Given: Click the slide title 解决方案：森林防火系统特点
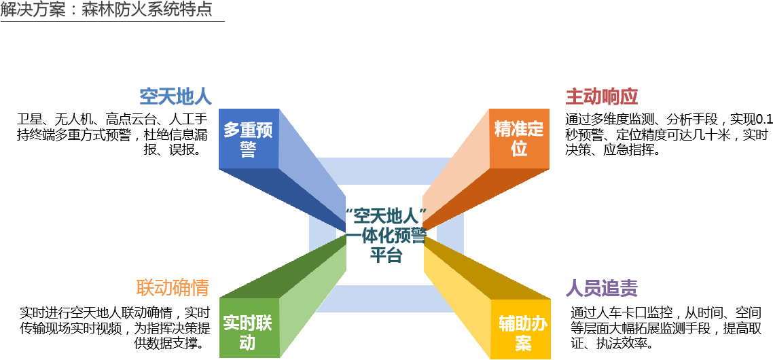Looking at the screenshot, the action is point(107,11).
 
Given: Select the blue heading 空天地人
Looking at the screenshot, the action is point(176,96).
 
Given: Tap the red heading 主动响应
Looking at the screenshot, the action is point(602,96).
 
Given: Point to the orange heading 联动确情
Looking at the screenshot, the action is point(173,287).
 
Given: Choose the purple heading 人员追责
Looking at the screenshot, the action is point(602,288).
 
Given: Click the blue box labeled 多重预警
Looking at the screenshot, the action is point(249,139).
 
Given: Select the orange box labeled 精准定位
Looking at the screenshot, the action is point(519,139).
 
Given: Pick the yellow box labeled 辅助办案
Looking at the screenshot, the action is point(522,332).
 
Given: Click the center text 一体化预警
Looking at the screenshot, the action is point(386,237).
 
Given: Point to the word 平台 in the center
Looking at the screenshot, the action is point(386,255).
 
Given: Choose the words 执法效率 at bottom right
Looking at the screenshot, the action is point(619,343).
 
